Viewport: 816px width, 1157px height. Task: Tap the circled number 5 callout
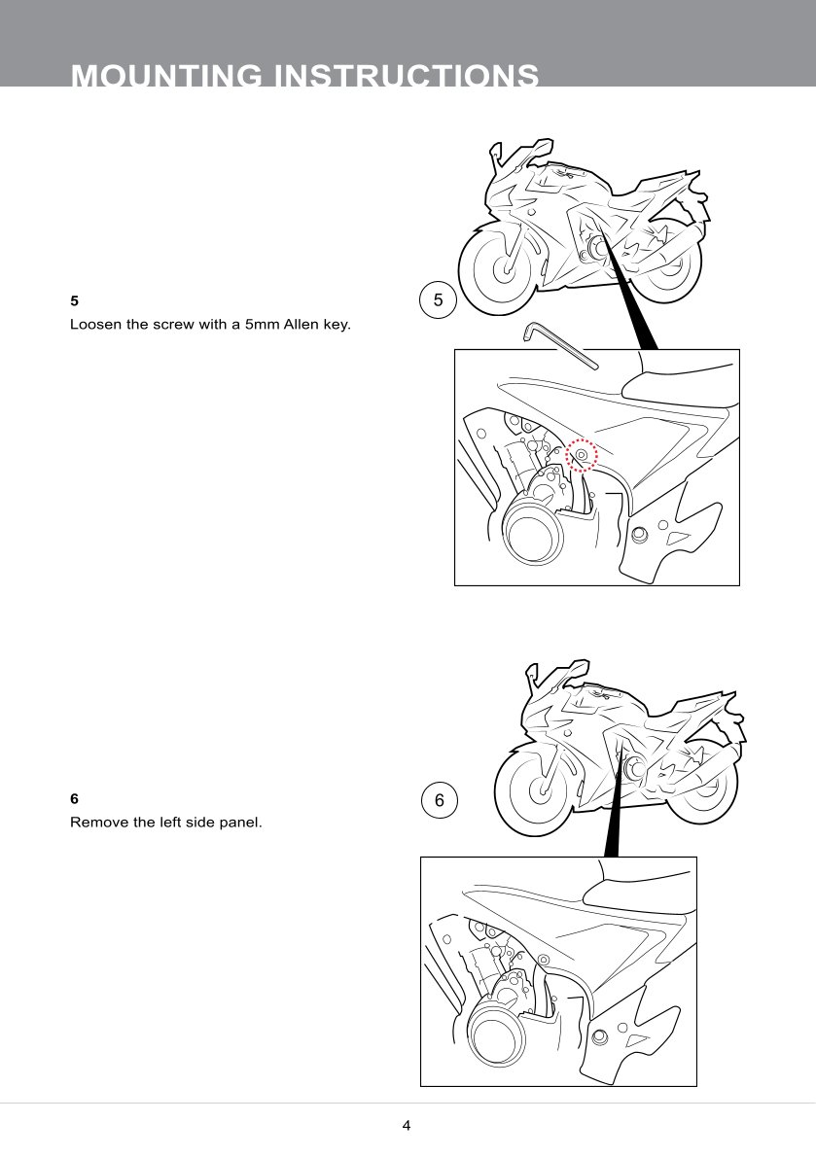(x=438, y=300)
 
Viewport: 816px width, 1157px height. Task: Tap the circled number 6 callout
(x=439, y=801)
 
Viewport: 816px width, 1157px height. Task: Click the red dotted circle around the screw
(x=582, y=454)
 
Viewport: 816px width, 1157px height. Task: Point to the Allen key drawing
(x=558, y=345)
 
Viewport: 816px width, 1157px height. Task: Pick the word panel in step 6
(x=240, y=822)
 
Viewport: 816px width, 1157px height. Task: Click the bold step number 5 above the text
(x=74, y=300)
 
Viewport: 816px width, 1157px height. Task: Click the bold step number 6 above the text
(x=74, y=798)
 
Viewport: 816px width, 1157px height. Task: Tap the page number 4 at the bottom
(x=407, y=1126)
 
